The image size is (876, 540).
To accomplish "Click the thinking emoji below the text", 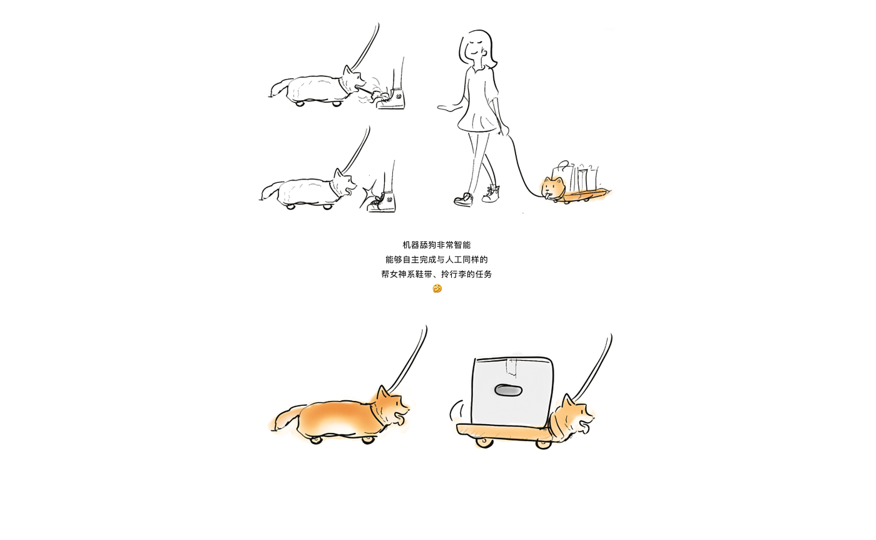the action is (x=437, y=289).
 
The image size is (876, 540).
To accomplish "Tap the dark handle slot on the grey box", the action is (x=508, y=390).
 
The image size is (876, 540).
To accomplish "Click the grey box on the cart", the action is (x=512, y=391).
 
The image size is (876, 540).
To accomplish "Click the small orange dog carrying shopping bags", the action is (x=552, y=189).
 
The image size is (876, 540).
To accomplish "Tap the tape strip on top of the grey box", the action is (x=512, y=366).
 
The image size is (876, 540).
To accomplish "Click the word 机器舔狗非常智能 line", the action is (x=437, y=245).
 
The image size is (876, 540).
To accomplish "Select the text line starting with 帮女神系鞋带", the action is (x=437, y=274).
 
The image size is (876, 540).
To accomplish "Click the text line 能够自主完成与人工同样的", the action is (x=437, y=259).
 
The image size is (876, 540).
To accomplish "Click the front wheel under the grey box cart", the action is (x=543, y=444).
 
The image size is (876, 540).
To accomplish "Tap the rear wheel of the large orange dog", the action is (x=315, y=440).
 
